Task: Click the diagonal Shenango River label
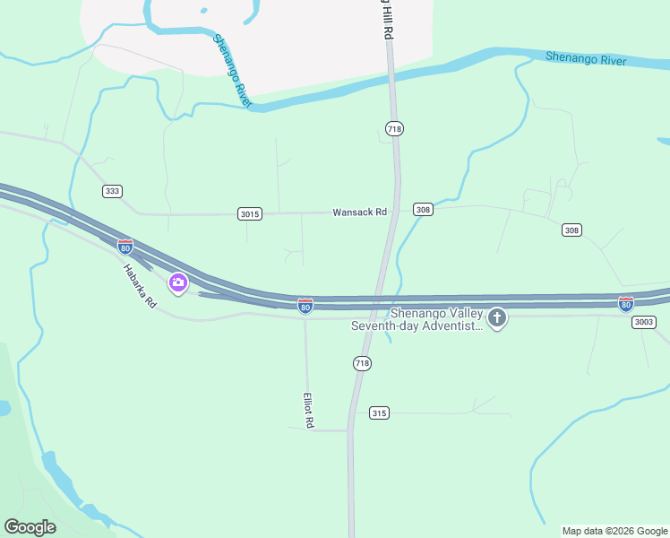coord(232,72)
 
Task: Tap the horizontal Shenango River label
coord(586,59)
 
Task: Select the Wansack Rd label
coord(359,213)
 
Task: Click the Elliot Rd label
coord(307,410)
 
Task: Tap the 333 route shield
coord(112,191)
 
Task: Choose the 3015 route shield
coord(250,213)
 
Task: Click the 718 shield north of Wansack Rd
coord(394,129)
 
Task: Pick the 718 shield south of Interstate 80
coord(362,363)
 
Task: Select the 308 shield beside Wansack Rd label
coord(424,210)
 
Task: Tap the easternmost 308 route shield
coord(571,230)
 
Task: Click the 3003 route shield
coord(643,322)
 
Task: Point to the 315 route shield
coord(379,412)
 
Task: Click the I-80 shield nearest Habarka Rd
coord(125,246)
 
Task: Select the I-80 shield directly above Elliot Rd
coord(305,306)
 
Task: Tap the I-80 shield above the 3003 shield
coord(625,304)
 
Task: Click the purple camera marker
coord(178,283)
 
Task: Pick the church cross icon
coord(497,317)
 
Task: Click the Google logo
coord(30,527)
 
